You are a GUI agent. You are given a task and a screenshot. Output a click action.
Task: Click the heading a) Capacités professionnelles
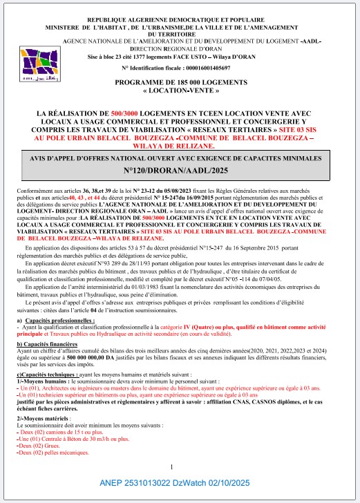pos(57,303)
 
